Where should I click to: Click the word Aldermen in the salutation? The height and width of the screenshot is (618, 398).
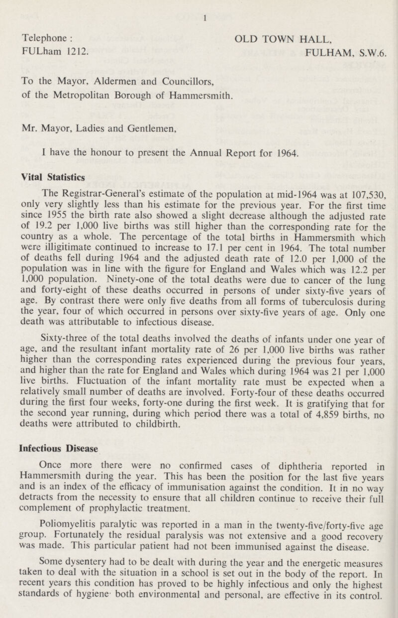click(103, 77)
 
